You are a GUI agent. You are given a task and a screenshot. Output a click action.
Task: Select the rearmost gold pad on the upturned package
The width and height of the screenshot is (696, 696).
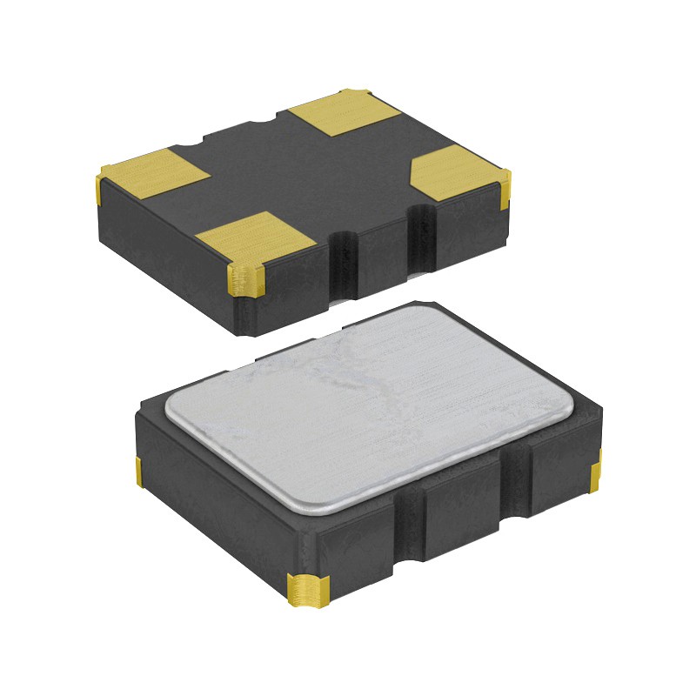343,113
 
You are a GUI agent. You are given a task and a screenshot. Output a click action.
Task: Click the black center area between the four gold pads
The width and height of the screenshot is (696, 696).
304,174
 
